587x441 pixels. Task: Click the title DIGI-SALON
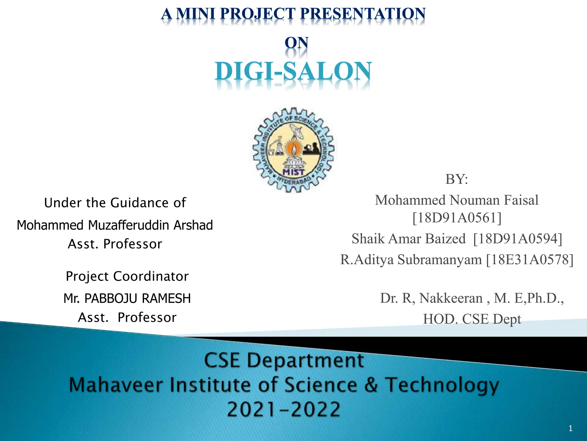pyautogui.click(x=293, y=71)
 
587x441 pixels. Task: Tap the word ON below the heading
pyautogui.click(x=296, y=43)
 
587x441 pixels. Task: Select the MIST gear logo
pyautogui.click(x=293, y=150)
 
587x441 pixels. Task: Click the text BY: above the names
pyautogui.click(x=457, y=179)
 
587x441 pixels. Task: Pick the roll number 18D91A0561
pyautogui.click(x=457, y=218)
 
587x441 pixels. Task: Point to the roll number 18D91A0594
pyautogui.click(x=518, y=239)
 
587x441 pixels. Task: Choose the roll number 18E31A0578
pyautogui.click(x=530, y=260)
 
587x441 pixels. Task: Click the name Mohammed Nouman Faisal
pyautogui.click(x=457, y=200)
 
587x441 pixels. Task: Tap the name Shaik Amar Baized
pyautogui.click(x=408, y=239)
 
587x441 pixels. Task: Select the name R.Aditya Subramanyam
pyautogui.click(x=411, y=260)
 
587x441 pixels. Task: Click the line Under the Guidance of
pyautogui.click(x=115, y=203)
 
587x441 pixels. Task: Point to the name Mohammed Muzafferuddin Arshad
pyautogui.click(x=115, y=225)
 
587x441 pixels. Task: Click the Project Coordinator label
pyautogui.click(x=127, y=276)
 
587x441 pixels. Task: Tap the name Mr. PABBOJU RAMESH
pyautogui.click(x=127, y=298)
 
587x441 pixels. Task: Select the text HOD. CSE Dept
pyautogui.click(x=472, y=319)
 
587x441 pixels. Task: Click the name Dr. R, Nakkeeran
pyautogui.click(x=431, y=298)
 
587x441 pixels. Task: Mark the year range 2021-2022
pyautogui.click(x=283, y=409)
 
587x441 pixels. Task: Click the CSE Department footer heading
pyautogui.click(x=284, y=360)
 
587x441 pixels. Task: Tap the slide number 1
pyautogui.click(x=570, y=429)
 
